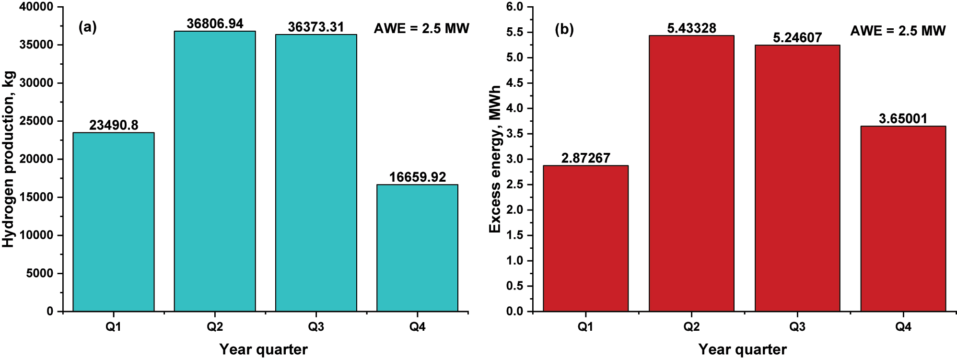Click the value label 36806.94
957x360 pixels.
[215, 23]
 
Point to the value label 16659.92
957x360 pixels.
[417, 177]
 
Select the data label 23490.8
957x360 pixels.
[114, 125]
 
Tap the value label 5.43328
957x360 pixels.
[691, 28]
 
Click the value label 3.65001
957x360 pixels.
[903, 118]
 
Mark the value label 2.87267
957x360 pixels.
[585, 158]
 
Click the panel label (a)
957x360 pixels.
[87, 27]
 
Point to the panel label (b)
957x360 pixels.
[564, 30]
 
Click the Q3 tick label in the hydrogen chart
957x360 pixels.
[315, 327]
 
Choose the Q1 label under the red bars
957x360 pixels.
[585, 327]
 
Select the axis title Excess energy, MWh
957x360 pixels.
[495, 159]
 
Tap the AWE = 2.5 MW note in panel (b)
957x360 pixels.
[898, 31]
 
